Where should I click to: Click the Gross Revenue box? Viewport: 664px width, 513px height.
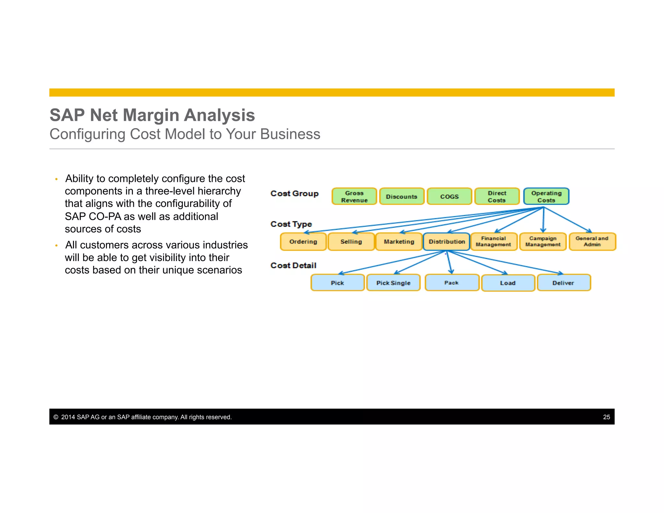click(x=354, y=197)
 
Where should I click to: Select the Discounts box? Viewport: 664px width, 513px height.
click(x=401, y=197)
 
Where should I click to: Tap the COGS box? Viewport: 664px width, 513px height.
click(x=449, y=197)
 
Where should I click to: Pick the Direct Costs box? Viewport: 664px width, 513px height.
click(x=497, y=197)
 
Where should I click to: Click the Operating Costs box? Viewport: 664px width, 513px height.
click(x=546, y=197)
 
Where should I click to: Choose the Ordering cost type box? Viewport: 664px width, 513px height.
click(x=303, y=242)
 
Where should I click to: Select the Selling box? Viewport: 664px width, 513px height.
click(x=351, y=242)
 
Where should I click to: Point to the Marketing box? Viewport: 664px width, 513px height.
click(x=399, y=242)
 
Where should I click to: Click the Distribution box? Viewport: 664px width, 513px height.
click(x=446, y=242)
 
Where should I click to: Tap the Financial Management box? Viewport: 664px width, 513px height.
click(x=493, y=242)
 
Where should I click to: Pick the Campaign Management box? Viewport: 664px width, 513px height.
click(x=543, y=242)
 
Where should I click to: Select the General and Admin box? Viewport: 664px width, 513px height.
click(x=592, y=242)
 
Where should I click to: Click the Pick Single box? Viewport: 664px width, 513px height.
click(x=393, y=283)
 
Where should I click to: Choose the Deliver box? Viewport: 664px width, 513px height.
click(x=563, y=283)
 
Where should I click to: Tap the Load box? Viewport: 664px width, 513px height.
click(x=508, y=283)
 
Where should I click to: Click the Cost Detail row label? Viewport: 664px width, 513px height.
click(x=293, y=266)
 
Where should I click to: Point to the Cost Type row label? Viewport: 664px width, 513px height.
click(x=291, y=224)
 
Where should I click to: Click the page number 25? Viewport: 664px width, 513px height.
click(x=606, y=417)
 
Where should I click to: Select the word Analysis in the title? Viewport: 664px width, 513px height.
click(x=219, y=115)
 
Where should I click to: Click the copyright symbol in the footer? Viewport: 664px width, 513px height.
click(x=56, y=417)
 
